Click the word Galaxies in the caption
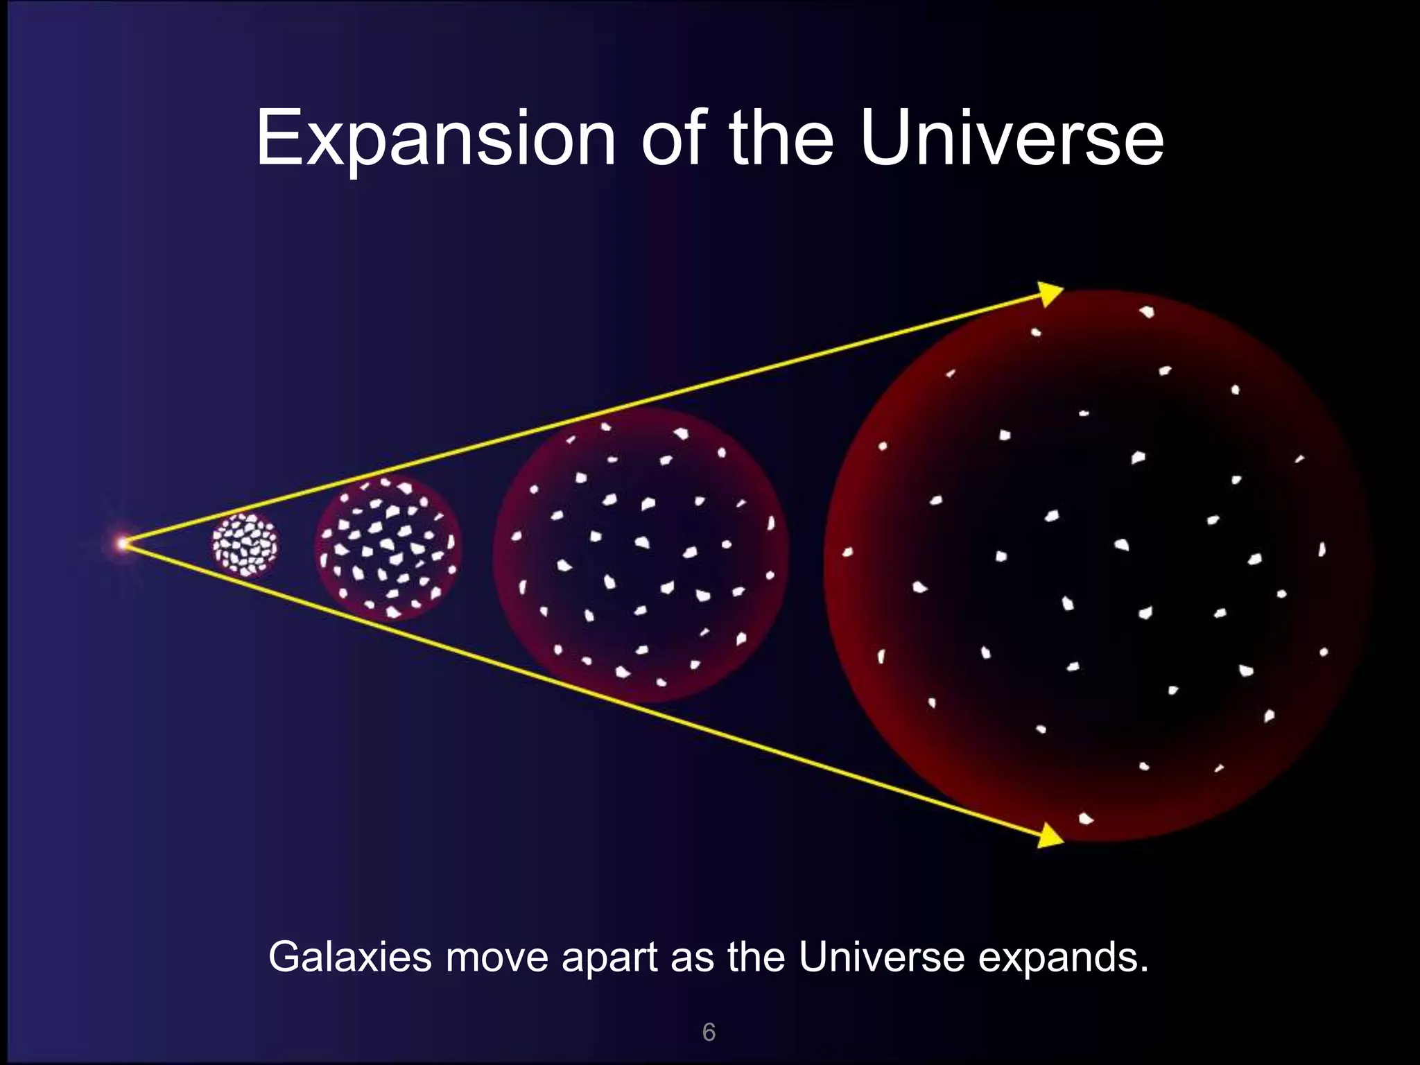pyautogui.click(x=350, y=958)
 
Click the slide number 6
pyautogui.click(x=709, y=1032)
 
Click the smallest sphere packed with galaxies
pyautogui.click(x=245, y=546)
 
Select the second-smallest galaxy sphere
pyautogui.click(x=388, y=548)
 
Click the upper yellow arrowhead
pyautogui.click(x=1050, y=293)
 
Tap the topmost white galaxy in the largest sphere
pyautogui.click(x=1147, y=312)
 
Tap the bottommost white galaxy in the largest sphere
pyautogui.click(x=1085, y=819)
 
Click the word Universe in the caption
pyautogui.click(x=881, y=958)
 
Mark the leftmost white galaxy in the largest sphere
pyautogui.click(x=847, y=553)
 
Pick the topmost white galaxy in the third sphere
pyautogui.click(x=605, y=426)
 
